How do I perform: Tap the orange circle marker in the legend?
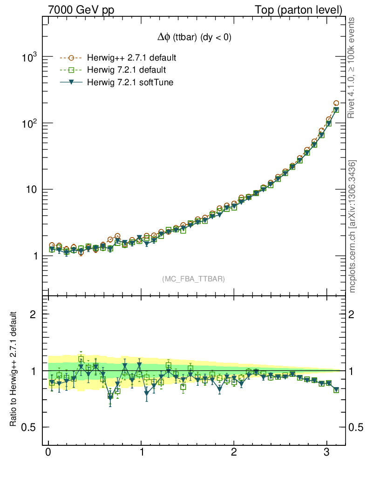click(x=71, y=58)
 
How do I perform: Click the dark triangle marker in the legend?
click(x=71, y=82)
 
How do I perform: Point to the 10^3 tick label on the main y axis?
click(x=29, y=57)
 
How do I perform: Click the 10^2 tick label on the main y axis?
click(x=29, y=123)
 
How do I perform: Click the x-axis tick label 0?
click(x=48, y=452)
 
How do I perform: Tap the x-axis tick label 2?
click(x=234, y=452)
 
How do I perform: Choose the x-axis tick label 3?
click(x=327, y=452)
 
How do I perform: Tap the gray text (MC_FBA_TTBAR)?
click(x=193, y=279)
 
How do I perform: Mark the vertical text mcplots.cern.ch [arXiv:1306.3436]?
click(x=352, y=226)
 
